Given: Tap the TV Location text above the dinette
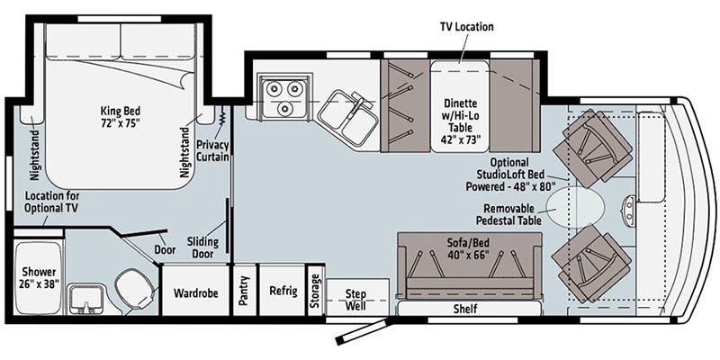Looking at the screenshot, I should (465, 26).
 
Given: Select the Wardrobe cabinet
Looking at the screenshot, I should (195, 291).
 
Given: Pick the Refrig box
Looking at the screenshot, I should (282, 291).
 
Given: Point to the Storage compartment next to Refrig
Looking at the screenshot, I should (315, 291).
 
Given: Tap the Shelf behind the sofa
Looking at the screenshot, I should (465, 310).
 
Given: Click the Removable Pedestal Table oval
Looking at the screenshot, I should (577, 206).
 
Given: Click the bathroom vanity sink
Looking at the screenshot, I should (87, 299).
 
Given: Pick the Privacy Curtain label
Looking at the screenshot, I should (213, 148).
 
